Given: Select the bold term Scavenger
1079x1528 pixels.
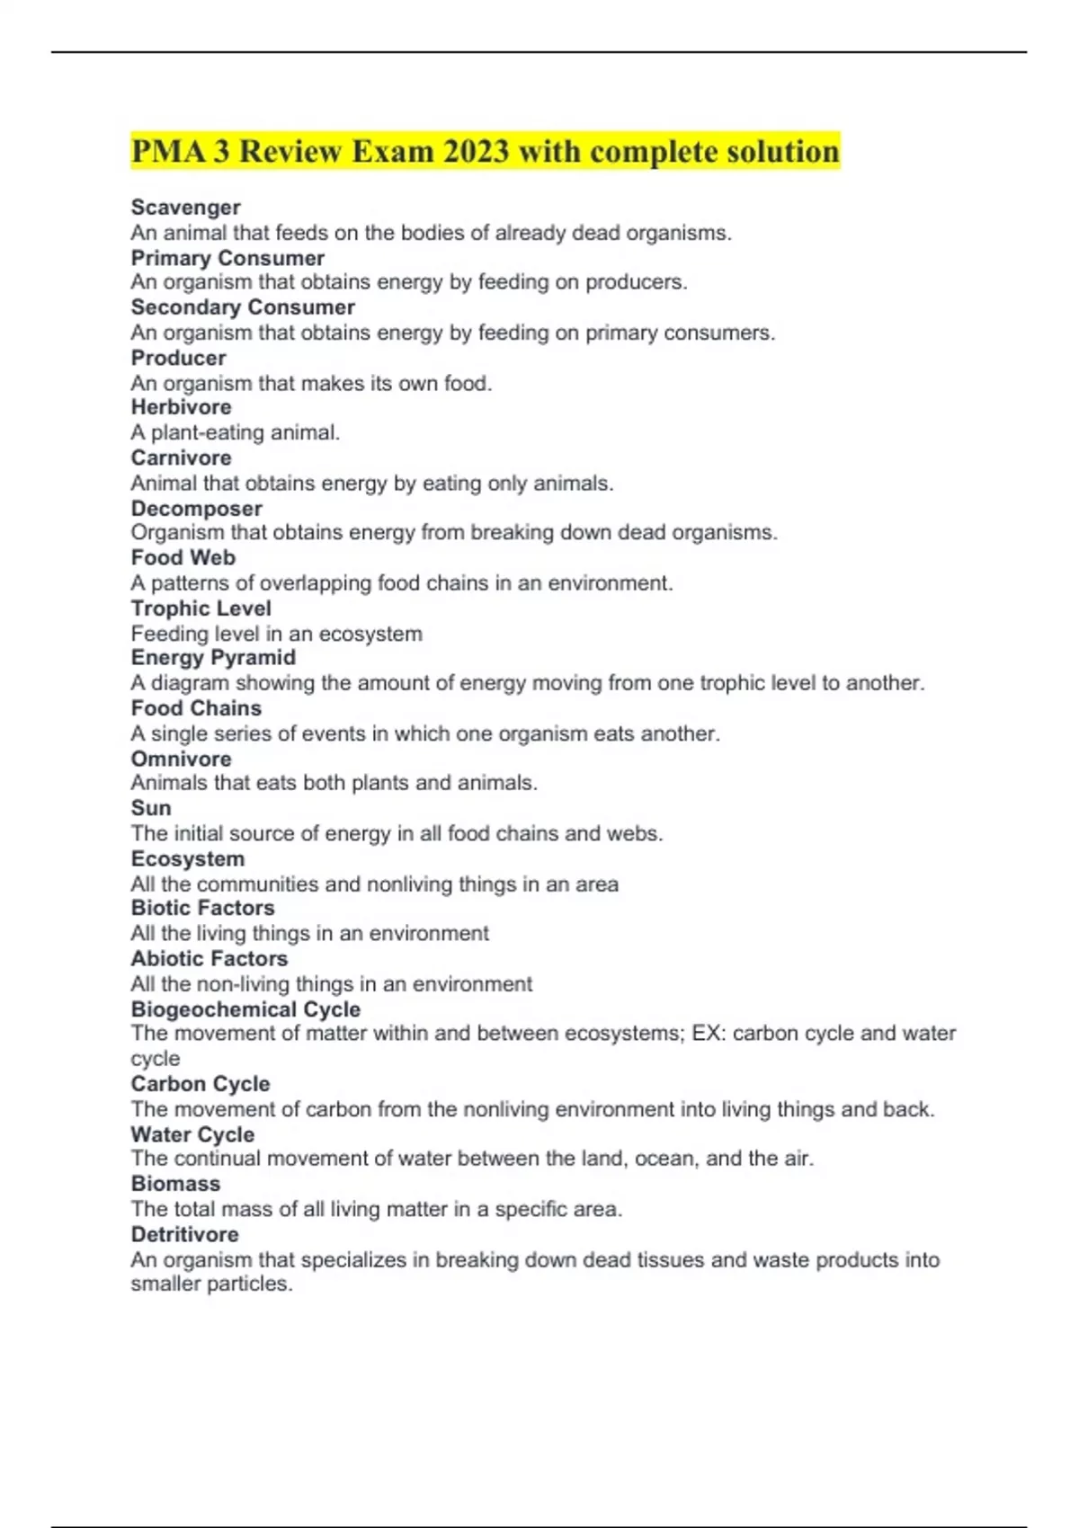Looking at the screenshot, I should point(185,208).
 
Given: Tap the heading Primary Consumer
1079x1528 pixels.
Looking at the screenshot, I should point(227,258).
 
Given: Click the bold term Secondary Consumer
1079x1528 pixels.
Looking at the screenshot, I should point(243,307).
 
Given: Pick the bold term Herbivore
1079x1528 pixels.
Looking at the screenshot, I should point(181,407).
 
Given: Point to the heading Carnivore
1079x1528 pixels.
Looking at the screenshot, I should point(181,458).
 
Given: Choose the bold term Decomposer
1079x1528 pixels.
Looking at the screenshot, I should point(196,509).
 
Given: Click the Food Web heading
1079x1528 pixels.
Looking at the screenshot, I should point(183,558).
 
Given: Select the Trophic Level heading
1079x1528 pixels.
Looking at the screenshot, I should point(201,609).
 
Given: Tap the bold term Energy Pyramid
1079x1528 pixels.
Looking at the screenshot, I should point(213,658).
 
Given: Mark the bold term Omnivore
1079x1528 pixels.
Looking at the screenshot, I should point(181,760).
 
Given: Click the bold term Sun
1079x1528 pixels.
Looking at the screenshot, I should point(150,808).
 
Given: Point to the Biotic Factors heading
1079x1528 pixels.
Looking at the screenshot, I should point(202,908).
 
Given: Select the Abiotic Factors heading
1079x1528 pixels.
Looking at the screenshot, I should point(209,959).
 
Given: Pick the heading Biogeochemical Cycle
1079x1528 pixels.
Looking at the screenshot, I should point(245,1009).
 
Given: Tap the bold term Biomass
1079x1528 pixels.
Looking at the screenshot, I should point(175,1184).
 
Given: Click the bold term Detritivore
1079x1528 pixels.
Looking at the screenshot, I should point(184,1235).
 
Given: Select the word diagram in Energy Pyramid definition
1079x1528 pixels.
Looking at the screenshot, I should point(190,683).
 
